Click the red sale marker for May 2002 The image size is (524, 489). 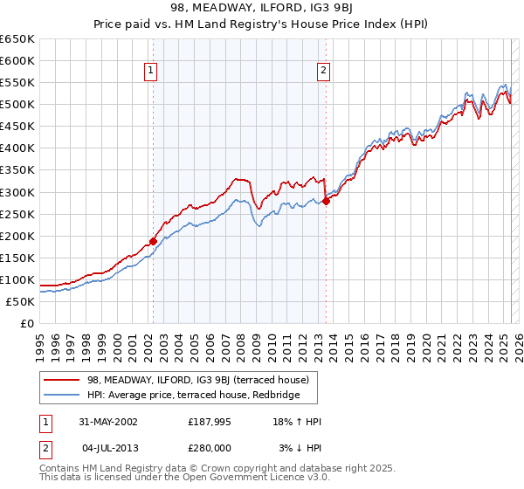click(153, 241)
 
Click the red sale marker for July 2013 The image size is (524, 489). click(326, 201)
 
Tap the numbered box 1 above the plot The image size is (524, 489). click(151, 72)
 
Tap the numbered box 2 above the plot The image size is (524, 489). click(323, 72)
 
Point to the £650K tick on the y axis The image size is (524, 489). click(17, 39)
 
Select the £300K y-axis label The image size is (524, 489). click(17, 192)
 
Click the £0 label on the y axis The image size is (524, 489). click(27, 323)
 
